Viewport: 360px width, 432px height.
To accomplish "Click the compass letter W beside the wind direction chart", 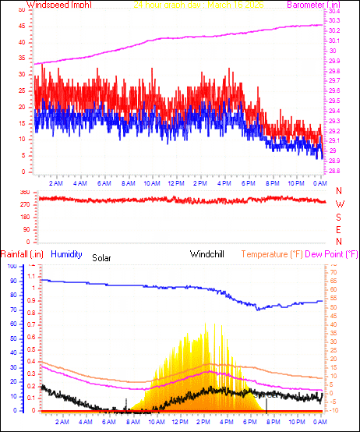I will [x=339, y=204].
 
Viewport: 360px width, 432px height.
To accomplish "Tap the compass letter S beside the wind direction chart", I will [x=339, y=218].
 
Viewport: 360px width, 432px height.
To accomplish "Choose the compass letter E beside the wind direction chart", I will [x=339, y=230].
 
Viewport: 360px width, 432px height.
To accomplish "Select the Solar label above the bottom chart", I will [x=102, y=257].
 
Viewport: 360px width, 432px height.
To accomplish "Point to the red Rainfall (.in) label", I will [x=23, y=254].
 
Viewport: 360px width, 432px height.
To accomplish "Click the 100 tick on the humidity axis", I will [x=12, y=266].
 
